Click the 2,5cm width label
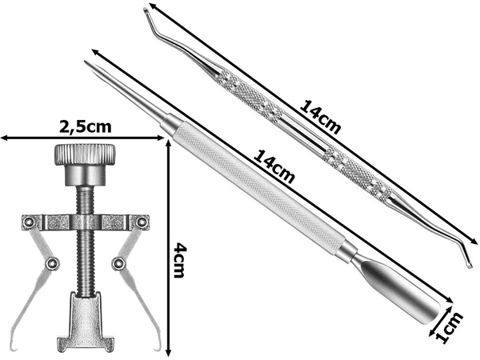85,126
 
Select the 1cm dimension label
449,326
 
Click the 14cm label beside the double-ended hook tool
320,117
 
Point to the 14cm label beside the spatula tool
274,166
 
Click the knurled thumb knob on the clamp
85,155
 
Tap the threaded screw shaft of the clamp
85,242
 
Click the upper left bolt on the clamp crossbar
29,222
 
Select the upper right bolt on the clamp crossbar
141,222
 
